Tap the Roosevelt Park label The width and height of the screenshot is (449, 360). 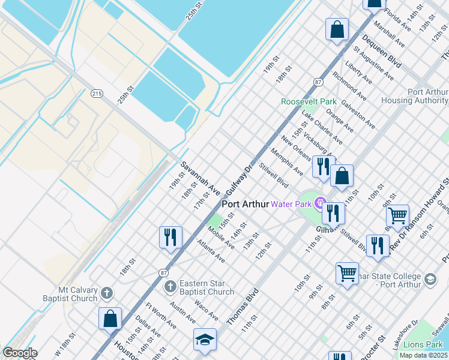[x=309, y=101]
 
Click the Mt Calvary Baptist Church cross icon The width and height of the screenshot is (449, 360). [x=107, y=292]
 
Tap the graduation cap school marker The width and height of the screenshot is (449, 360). [x=204, y=340]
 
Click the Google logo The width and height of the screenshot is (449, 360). [x=19, y=353]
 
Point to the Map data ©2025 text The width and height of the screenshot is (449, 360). [x=423, y=355]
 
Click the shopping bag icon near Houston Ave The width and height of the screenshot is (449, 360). [x=110, y=318]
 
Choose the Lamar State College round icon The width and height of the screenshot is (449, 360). [x=430, y=279]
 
